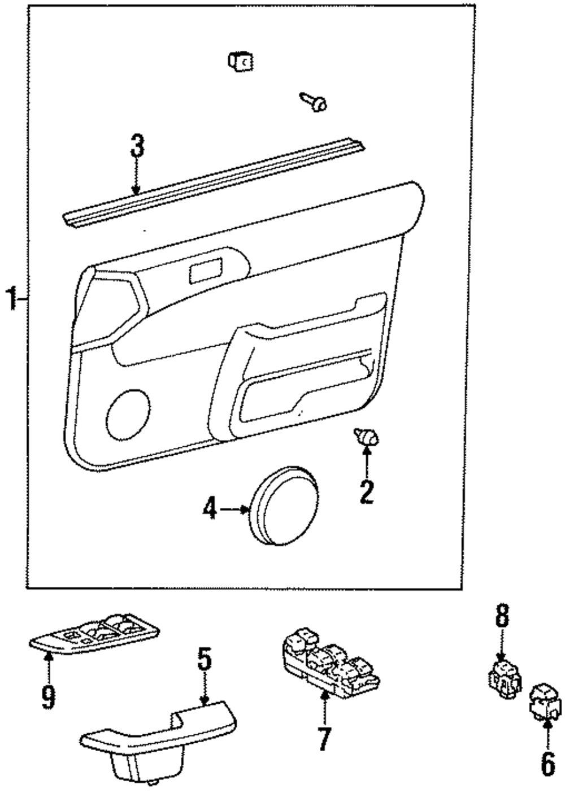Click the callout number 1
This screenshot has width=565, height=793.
click(x=11, y=298)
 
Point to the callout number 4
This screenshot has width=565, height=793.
click(x=210, y=511)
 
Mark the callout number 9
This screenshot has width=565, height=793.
click(x=49, y=697)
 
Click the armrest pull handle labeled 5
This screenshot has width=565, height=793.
click(x=158, y=734)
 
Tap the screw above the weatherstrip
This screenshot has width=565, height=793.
click(x=314, y=102)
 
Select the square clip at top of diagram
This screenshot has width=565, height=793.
click(x=240, y=60)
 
